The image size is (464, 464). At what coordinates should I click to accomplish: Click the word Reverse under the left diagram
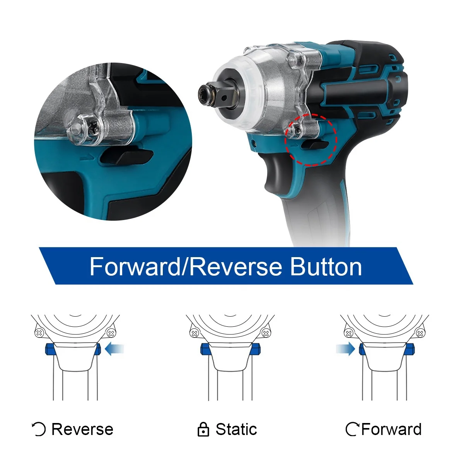pos(82,429)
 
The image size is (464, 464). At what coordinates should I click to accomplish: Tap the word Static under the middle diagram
pos(236,429)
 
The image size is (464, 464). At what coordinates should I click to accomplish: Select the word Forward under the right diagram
pos(391,429)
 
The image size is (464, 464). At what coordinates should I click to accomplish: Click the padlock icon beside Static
pos(203,429)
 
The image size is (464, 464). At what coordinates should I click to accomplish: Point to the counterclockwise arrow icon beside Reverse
pos(39,429)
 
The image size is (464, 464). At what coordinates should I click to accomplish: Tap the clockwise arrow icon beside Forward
pos(353,429)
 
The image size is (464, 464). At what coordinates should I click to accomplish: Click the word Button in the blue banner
pos(326,267)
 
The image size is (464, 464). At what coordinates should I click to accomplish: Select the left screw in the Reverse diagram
pos(39,333)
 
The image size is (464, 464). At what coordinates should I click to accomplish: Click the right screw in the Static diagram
pos(266,333)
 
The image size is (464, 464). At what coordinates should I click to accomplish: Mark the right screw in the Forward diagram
pos(420,333)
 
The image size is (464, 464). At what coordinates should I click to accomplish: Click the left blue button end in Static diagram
pos(205,349)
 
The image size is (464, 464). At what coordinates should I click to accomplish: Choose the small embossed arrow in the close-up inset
pos(86,158)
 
